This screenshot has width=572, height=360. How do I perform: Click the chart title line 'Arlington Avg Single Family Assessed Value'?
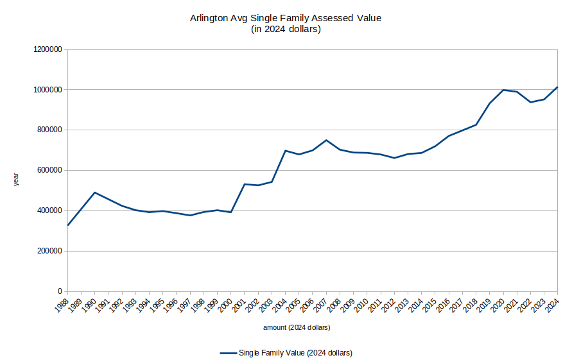[x=286, y=18]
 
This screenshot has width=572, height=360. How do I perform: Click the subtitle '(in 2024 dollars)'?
[x=286, y=29]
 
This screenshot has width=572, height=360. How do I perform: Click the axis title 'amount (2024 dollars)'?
[x=297, y=328]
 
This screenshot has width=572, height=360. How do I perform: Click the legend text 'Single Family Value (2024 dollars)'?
[x=295, y=352]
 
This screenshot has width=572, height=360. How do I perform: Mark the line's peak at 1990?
[x=95, y=193]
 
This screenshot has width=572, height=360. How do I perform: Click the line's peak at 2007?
[x=326, y=140]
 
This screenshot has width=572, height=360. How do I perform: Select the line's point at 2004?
[x=285, y=151]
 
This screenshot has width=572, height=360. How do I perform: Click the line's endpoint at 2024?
[x=557, y=87]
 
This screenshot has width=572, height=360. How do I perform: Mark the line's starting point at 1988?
[x=67, y=225]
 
